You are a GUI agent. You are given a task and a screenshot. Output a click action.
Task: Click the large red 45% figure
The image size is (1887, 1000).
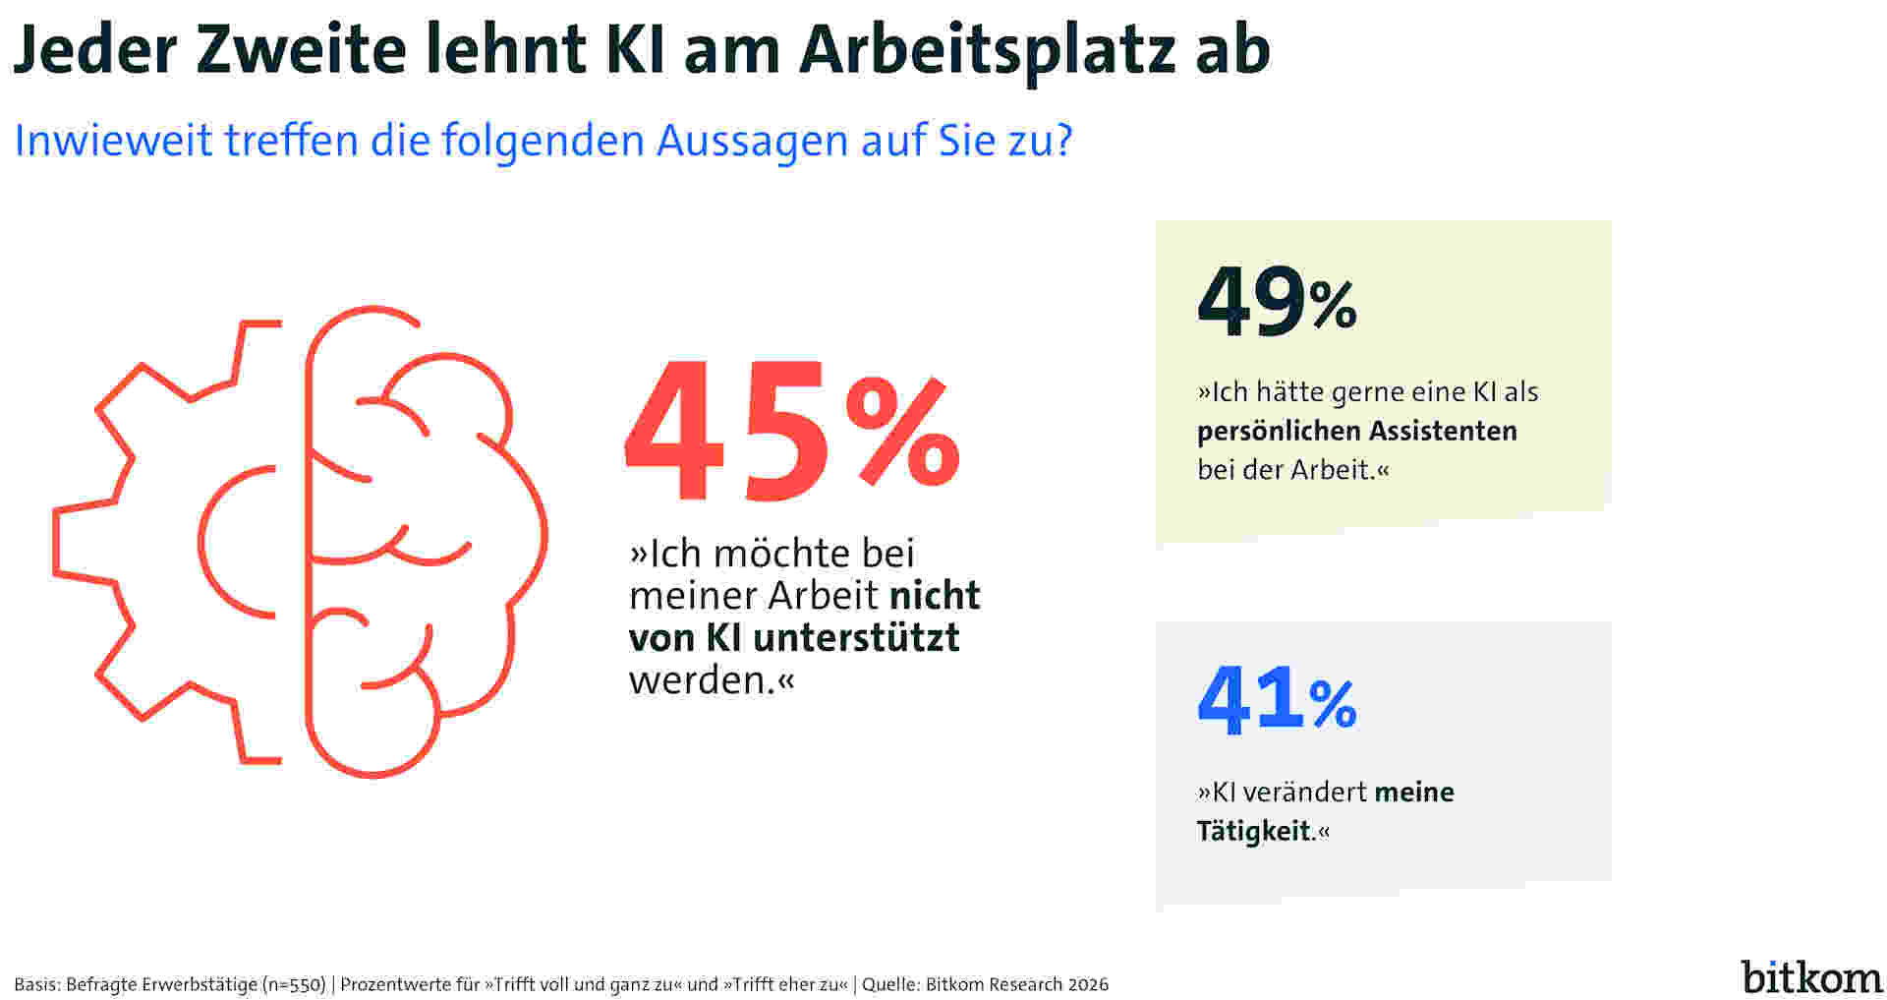(x=791, y=431)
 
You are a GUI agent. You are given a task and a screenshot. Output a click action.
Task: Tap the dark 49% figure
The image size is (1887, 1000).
(x=1276, y=303)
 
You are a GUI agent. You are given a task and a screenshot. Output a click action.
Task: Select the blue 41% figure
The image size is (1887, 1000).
(x=1276, y=702)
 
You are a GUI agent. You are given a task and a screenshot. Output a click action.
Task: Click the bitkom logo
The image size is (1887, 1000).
(x=1811, y=976)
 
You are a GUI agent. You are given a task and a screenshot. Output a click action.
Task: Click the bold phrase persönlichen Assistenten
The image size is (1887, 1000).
(x=1356, y=431)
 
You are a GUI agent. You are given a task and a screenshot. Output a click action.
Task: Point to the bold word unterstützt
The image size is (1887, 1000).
(x=856, y=637)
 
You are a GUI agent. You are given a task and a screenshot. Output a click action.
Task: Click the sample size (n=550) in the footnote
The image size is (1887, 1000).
(x=294, y=984)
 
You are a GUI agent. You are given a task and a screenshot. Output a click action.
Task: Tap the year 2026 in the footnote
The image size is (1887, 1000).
(x=1088, y=984)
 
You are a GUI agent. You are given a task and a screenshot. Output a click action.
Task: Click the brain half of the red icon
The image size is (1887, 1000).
(x=423, y=541)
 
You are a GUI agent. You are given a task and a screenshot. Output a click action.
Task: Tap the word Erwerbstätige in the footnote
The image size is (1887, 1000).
(x=201, y=984)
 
